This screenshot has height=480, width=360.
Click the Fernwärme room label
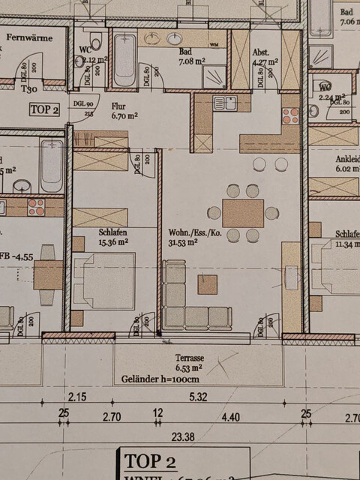tap(30, 37)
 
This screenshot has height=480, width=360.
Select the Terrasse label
tap(190, 358)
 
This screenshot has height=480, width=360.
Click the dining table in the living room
tap(243, 213)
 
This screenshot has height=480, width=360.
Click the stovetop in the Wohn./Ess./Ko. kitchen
tap(289, 115)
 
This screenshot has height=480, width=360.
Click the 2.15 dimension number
tap(77, 396)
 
